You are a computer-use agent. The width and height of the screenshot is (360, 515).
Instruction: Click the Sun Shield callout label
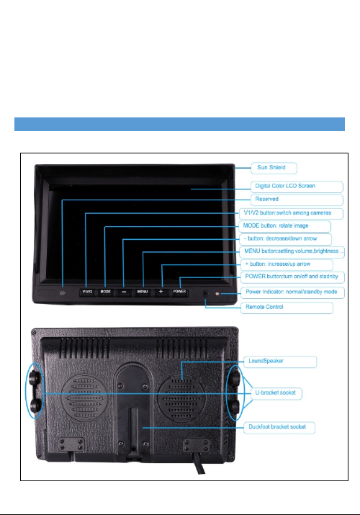(274, 168)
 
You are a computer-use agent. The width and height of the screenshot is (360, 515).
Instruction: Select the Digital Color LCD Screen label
(297, 187)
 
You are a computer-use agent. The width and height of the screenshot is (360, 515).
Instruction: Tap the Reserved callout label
(297, 200)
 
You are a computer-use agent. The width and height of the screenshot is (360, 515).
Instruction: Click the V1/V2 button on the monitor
(87, 292)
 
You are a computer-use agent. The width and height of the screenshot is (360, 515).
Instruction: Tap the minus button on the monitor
(124, 292)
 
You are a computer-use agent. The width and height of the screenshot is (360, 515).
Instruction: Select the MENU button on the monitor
(143, 292)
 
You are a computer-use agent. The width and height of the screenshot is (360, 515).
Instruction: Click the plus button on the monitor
(161, 292)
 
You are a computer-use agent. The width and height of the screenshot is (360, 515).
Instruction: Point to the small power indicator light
(217, 294)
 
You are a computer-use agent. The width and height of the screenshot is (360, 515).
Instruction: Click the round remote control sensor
(206, 293)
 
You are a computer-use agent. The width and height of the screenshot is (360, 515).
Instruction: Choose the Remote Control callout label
(287, 308)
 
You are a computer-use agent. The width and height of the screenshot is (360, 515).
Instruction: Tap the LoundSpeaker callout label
(280, 362)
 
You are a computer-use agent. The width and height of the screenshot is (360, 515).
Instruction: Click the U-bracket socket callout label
(276, 393)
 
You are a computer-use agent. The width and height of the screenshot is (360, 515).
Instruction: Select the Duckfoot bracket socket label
(279, 427)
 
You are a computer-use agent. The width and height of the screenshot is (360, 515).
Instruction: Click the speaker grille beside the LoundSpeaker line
(181, 398)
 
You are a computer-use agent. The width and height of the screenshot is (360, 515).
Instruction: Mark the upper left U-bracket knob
(35, 377)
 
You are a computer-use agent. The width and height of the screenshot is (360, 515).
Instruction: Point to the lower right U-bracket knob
(235, 407)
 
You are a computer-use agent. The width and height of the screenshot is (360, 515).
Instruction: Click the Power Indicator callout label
(293, 292)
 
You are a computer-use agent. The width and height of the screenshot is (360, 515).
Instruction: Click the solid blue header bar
(179, 124)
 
